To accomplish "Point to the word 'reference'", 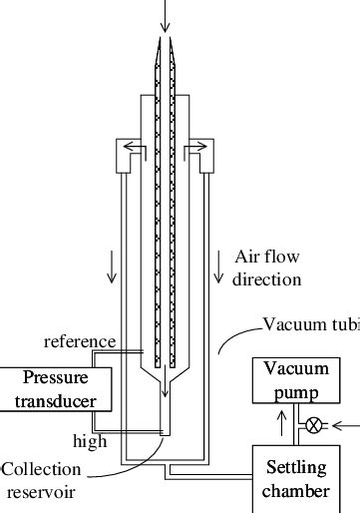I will point(80,342).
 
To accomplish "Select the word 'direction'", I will point(266,279).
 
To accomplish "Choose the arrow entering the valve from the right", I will point(345,424).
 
